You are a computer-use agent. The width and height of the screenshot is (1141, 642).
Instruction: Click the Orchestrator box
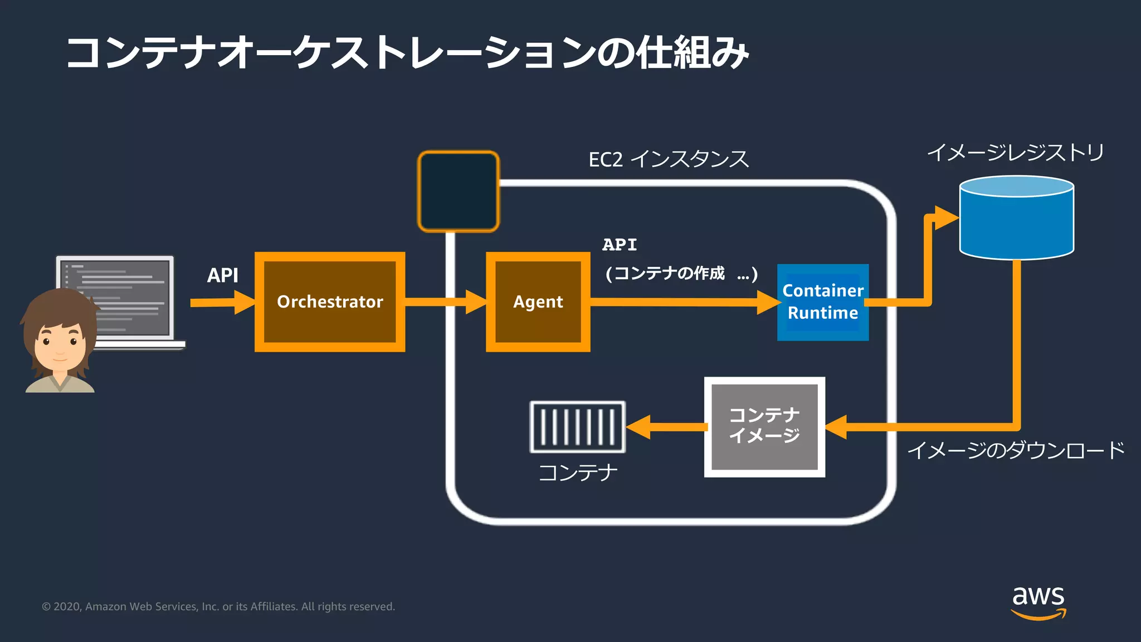click(330, 302)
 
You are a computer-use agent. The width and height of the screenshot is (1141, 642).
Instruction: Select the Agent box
click(538, 302)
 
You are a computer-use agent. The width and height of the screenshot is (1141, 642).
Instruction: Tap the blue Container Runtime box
click(822, 302)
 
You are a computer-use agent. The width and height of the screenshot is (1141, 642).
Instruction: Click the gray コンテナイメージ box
click(764, 427)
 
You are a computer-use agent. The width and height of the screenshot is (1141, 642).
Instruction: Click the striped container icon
click(577, 427)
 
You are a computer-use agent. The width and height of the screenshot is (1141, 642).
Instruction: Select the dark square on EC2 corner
click(458, 191)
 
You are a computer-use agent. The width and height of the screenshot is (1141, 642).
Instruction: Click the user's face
click(60, 346)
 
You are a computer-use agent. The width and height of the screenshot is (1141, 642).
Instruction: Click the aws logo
click(1038, 602)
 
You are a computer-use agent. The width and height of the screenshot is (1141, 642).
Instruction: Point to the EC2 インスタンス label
click(669, 159)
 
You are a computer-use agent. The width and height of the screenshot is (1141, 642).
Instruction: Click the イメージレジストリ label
click(1015, 152)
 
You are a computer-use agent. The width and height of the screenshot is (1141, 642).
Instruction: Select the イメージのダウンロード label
click(1015, 450)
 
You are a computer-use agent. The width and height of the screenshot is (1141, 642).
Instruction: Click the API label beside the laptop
click(222, 275)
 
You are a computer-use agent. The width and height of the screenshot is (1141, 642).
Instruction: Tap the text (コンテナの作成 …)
click(681, 274)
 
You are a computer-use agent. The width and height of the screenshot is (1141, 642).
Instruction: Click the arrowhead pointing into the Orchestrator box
click(245, 302)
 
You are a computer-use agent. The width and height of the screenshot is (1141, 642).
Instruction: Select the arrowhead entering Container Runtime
click(769, 302)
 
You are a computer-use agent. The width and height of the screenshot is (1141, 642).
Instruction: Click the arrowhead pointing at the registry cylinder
click(946, 218)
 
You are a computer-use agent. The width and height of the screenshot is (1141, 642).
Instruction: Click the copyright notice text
click(218, 606)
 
